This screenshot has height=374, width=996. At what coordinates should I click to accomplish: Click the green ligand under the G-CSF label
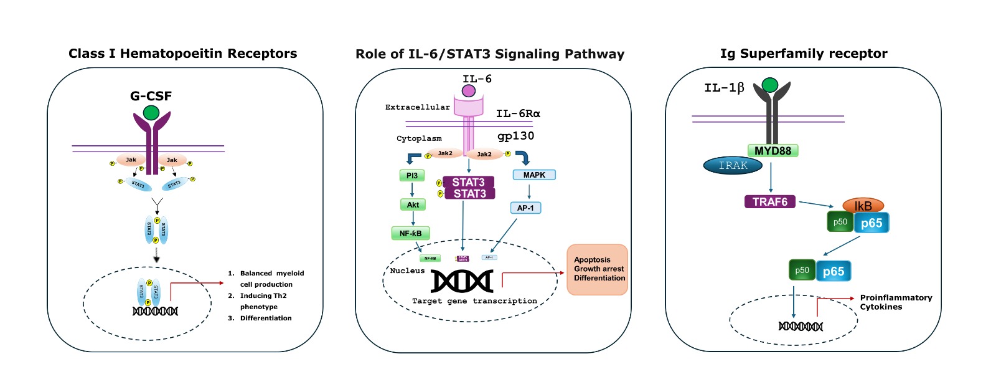tap(151, 113)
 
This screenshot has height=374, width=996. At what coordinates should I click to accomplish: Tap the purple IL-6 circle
tap(469, 91)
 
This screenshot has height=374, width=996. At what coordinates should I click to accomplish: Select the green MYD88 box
tap(773, 151)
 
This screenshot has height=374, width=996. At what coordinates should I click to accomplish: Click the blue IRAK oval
tap(733, 165)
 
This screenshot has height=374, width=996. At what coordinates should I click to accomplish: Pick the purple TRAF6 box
tap(770, 202)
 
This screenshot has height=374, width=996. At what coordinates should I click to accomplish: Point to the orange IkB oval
tap(863, 206)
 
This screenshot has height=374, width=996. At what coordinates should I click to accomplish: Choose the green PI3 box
tap(412, 176)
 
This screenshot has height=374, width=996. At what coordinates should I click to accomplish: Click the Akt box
tap(413, 204)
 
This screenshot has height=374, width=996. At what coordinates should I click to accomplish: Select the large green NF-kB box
tap(410, 234)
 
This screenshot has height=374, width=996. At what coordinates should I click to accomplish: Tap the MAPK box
tap(534, 175)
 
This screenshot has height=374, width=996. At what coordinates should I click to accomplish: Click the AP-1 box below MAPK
tap(525, 208)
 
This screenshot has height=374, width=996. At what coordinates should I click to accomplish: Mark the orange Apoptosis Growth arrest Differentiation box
tap(597, 269)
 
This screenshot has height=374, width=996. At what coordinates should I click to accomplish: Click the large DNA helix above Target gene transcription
tap(462, 282)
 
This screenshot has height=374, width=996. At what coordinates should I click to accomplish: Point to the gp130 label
tap(515, 136)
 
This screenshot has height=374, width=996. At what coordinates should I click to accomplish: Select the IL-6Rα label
tap(518, 113)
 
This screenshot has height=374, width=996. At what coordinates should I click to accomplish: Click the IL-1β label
tap(724, 88)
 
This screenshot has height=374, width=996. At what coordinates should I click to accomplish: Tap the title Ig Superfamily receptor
tap(804, 54)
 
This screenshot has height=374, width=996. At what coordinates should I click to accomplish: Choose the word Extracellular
tap(417, 107)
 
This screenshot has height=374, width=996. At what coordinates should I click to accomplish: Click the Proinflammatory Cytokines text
tap(896, 302)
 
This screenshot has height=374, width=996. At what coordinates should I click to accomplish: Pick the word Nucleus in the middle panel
tap(407, 271)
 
